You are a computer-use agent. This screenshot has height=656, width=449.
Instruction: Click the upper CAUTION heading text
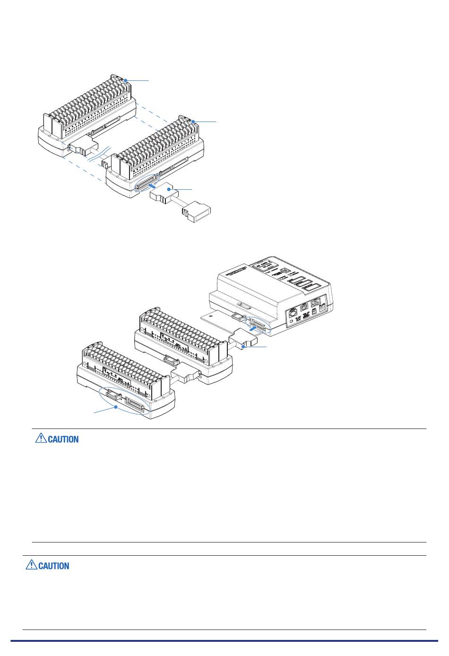(x=63, y=439)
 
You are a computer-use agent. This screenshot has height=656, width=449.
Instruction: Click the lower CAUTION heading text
(x=54, y=566)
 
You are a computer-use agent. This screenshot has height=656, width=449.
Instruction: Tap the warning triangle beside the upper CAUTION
(x=41, y=438)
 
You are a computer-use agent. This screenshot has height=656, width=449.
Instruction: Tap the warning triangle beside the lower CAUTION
(x=32, y=565)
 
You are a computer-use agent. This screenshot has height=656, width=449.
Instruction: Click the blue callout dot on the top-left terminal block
(x=125, y=81)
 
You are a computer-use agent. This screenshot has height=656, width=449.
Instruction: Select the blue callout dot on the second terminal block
(x=193, y=122)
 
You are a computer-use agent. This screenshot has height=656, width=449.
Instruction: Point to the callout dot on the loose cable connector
(x=173, y=190)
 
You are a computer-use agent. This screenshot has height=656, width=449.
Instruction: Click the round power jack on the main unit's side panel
(x=322, y=307)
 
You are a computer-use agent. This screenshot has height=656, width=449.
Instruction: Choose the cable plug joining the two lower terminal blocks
(x=185, y=376)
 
